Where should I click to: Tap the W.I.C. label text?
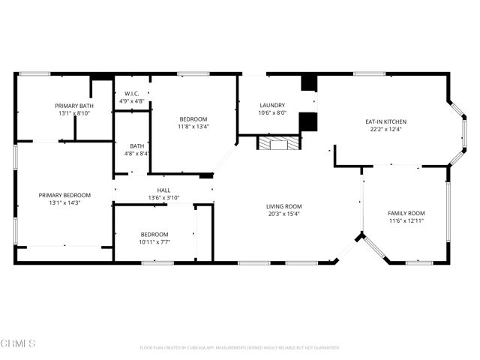tap(133, 94)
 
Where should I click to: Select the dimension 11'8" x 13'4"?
tap(193, 127)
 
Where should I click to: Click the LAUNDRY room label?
tap(271, 106)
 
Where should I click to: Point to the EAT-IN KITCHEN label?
tap(385, 121)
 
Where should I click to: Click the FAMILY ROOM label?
tap(406, 214)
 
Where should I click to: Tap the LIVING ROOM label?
tap(283, 206)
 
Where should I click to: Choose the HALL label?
tap(163, 190)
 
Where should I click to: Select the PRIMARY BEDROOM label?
tap(64, 195)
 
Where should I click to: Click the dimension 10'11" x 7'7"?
tap(154, 241)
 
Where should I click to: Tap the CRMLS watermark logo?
tap(19, 343)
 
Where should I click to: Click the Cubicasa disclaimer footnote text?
tap(240, 348)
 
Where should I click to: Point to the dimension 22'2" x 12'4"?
tap(385, 128)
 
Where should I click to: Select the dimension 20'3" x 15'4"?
tap(283, 214)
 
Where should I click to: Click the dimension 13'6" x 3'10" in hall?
tap(163, 198)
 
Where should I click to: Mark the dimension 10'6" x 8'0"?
tap(271, 113)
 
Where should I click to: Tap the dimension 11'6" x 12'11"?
tap(406, 221)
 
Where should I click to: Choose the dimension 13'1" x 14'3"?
tap(64, 202)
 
